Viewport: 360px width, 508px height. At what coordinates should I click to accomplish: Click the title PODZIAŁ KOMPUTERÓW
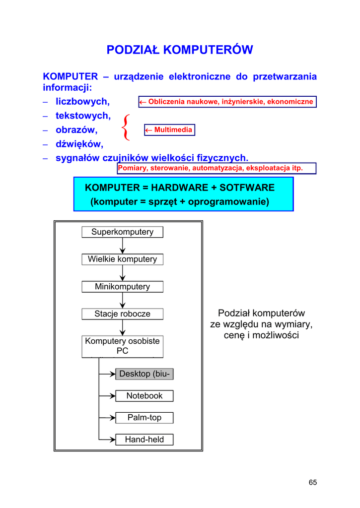pos(180,50)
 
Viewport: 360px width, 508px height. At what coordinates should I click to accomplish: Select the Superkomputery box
pos(122,232)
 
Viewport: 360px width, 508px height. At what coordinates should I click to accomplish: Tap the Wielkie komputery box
pos(122,259)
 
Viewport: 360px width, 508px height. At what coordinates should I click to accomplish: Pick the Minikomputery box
pos(122,286)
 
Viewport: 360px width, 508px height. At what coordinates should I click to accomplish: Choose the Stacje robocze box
pos(122,314)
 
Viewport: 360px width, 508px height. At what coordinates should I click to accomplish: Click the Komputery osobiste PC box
pos(122,346)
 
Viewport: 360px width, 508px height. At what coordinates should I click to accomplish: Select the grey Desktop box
pos(144,374)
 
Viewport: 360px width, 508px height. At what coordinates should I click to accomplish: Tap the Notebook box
pos(144,395)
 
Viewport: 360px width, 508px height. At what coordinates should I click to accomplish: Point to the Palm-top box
pos(144,418)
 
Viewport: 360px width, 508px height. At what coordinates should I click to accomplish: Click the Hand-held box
pos(144,440)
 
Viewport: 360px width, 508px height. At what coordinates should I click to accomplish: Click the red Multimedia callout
pos(170,130)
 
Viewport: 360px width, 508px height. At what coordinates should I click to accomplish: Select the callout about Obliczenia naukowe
pos(227,102)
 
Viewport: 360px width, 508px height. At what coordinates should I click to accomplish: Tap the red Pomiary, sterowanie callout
pos(210,168)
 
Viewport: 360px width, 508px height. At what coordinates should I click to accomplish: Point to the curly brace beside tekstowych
pos(126,127)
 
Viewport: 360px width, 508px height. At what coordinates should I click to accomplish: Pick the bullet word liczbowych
pos(82,102)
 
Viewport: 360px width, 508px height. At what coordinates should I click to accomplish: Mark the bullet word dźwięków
pos(79,144)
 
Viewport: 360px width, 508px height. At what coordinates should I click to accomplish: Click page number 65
pos(312,483)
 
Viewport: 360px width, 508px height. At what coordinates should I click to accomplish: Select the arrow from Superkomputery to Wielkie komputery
pos(123,246)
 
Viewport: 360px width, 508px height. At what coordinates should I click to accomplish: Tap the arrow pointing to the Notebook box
pos(107,396)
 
